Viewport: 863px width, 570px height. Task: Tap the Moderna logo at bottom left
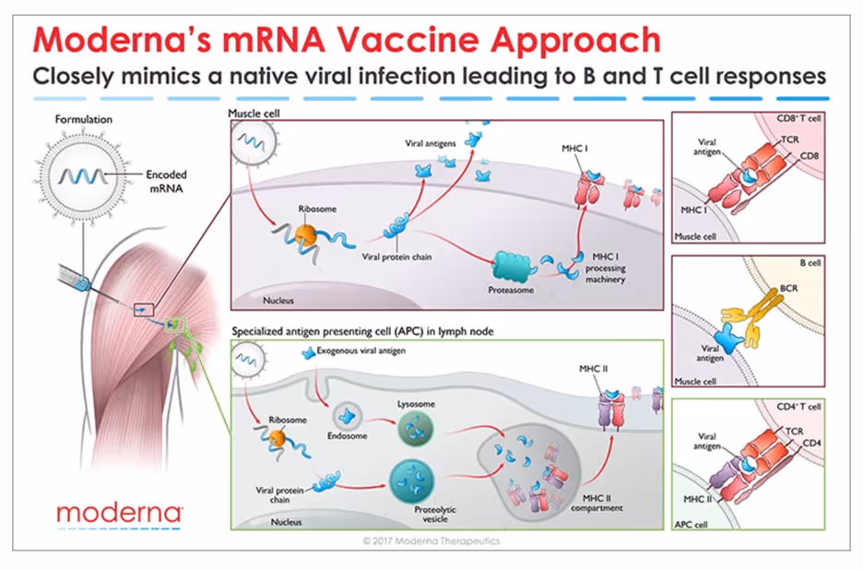pyautogui.click(x=119, y=513)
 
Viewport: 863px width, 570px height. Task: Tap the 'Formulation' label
pyautogui.click(x=83, y=120)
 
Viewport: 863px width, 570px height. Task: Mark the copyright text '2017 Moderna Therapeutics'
pyautogui.click(x=431, y=540)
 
